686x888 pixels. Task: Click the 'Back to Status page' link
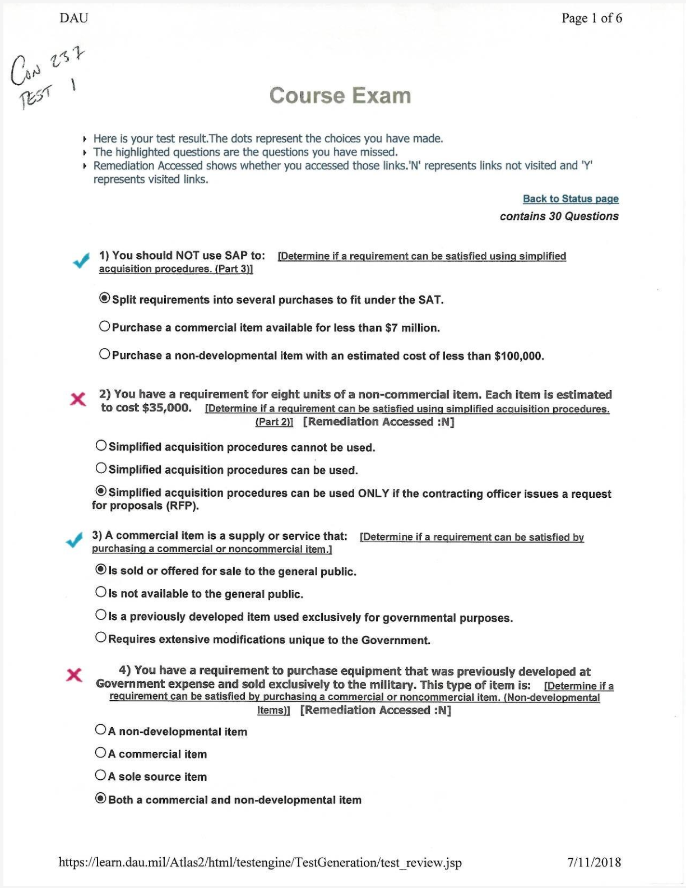(x=571, y=199)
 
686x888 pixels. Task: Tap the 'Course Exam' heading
(x=340, y=96)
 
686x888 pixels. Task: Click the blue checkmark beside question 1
(x=81, y=261)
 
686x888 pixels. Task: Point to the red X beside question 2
(x=78, y=399)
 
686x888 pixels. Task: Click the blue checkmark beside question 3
(x=74, y=540)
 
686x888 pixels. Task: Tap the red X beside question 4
(x=74, y=675)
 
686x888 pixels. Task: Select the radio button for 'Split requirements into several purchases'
(x=104, y=298)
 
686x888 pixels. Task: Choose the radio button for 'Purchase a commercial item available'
(x=104, y=326)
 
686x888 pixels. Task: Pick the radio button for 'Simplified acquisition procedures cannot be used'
(x=101, y=446)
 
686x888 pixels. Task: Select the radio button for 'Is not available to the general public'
(x=101, y=592)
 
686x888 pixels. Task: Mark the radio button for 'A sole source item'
(x=100, y=775)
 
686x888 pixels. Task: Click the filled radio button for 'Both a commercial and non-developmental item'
(x=100, y=798)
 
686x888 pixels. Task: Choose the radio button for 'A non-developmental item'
(x=100, y=730)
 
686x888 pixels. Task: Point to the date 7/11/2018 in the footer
(x=594, y=862)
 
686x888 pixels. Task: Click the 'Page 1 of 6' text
(x=592, y=18)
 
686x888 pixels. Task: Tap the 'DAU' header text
(x=74, y=18)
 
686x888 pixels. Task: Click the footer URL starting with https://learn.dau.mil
(x=260, y=863)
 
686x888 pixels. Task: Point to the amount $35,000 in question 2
(x=167, y=408)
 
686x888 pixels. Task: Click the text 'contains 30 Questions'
(x=559, y=216)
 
